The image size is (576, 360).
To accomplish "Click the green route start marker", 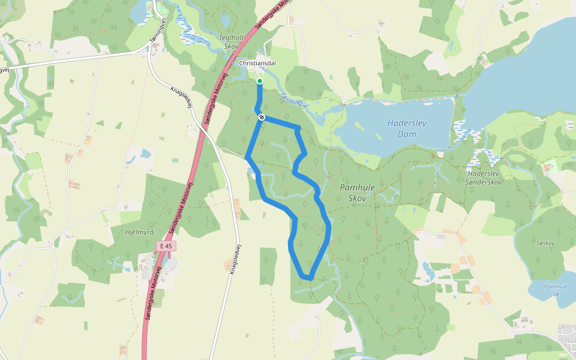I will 259,81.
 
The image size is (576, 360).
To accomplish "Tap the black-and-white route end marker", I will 262,117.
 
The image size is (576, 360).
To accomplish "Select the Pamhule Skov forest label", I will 357,193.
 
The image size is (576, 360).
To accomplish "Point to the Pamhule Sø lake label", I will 552,290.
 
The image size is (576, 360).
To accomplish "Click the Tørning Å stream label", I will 294,100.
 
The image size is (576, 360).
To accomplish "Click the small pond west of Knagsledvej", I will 146,154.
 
